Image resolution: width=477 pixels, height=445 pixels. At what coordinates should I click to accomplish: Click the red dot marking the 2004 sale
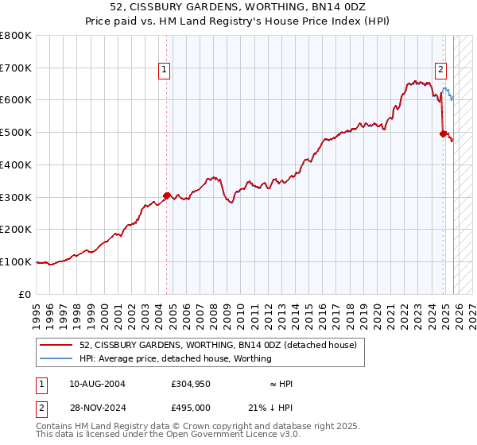pyautogui.click(x=167, y=195)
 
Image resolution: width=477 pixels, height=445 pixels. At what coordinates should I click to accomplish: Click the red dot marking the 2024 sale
pyautogui.click(x=443, y=133)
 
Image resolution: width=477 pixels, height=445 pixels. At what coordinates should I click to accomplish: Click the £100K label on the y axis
pyautogui.click(x=16, y=261)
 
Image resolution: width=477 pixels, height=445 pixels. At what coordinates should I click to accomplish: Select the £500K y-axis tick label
pyautogui.click(x=16, y=133)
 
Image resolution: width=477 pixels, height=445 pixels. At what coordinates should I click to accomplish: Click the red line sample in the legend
pyautogui.click(x=57, y=345)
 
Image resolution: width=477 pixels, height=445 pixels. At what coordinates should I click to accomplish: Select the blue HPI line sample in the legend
pyautogui.click(x=57, y=358)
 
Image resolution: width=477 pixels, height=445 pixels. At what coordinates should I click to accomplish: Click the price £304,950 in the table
pyautogui.click(x=190, y=384)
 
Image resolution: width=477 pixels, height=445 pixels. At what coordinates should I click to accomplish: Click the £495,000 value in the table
pyautogui.click(x=190, y=407)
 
